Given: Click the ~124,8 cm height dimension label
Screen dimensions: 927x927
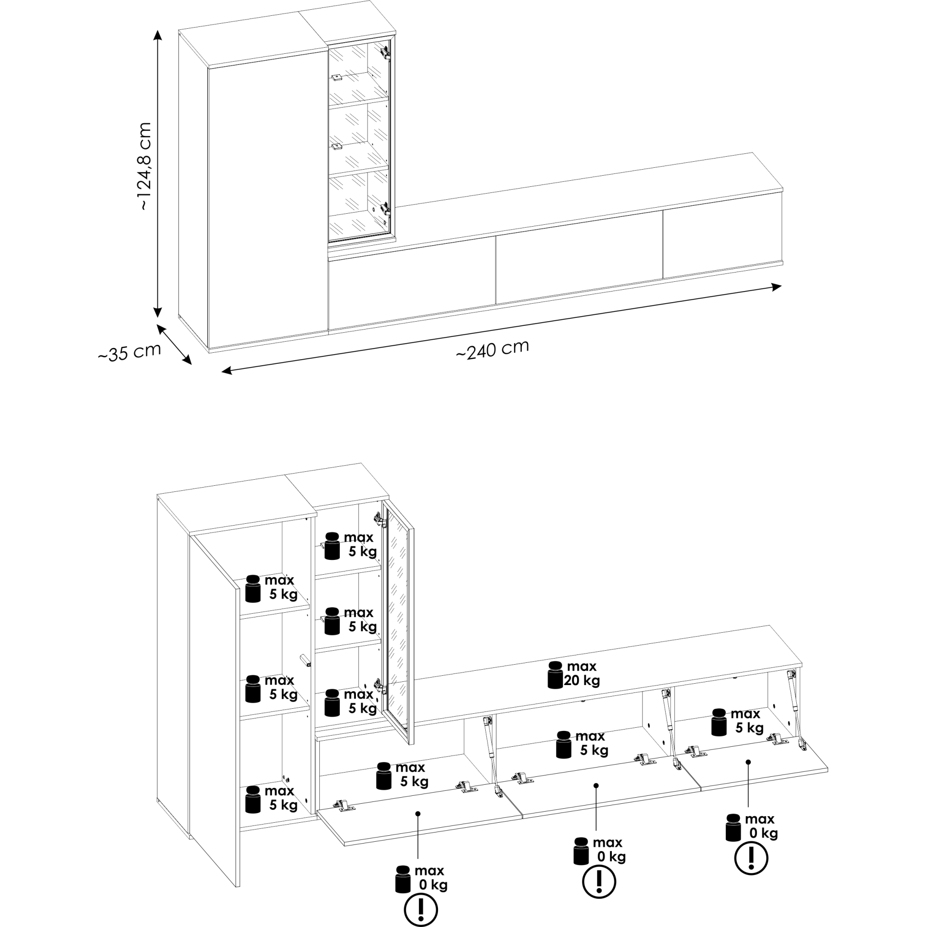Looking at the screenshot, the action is point(145,166).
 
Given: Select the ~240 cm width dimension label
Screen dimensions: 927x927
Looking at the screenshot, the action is point(492,349).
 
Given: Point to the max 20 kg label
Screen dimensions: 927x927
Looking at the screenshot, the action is point(582,673).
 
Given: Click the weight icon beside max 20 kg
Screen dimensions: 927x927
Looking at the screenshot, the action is point(555,675).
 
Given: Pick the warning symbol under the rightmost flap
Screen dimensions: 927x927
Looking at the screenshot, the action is point(751,858).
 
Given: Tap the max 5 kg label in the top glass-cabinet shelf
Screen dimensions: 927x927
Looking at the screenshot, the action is point(360,545).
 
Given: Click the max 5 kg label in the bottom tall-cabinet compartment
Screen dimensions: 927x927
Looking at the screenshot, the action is point(281,798).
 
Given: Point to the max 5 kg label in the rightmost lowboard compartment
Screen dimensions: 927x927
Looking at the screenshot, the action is point(747,721).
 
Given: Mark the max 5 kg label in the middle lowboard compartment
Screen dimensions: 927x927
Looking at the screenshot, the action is point(591,743).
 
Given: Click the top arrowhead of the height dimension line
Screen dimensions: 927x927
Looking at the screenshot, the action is point(158,34).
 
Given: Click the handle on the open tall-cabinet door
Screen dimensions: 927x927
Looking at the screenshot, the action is point(305,660).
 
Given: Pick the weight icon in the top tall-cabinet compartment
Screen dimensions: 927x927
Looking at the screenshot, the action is point(253,589).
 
